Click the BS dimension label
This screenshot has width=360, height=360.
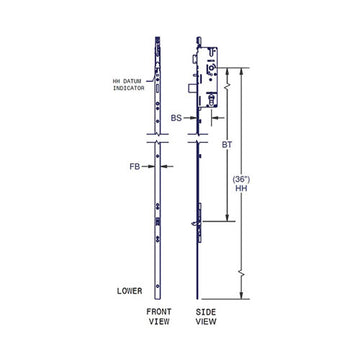coord(176,117)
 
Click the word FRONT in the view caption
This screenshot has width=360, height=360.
coord(158,311)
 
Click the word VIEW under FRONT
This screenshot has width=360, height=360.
coord(158,322)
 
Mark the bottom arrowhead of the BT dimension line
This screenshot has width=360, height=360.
coord(228,219)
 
